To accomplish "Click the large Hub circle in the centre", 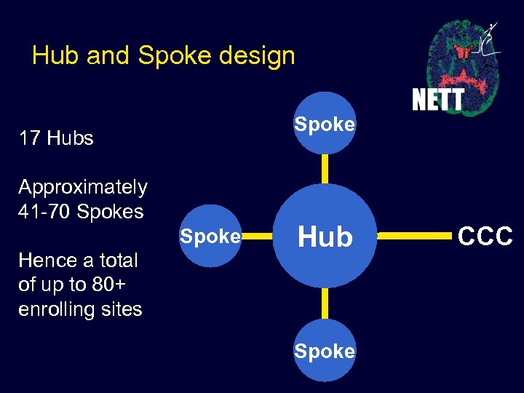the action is (x=325, y=237).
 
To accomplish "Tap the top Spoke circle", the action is (x=325, y=124).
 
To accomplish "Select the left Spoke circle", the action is (x=210, y=237).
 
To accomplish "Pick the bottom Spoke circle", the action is (x=325, y=351).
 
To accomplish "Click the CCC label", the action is (x=485, y=236).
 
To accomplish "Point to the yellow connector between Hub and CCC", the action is (x=413, y=237).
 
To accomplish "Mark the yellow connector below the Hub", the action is (x=325, y=304).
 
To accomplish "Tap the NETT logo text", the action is (x=437, y=98).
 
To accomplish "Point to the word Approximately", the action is (x=82, y=187).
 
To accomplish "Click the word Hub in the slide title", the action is (x=55, y=55).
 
